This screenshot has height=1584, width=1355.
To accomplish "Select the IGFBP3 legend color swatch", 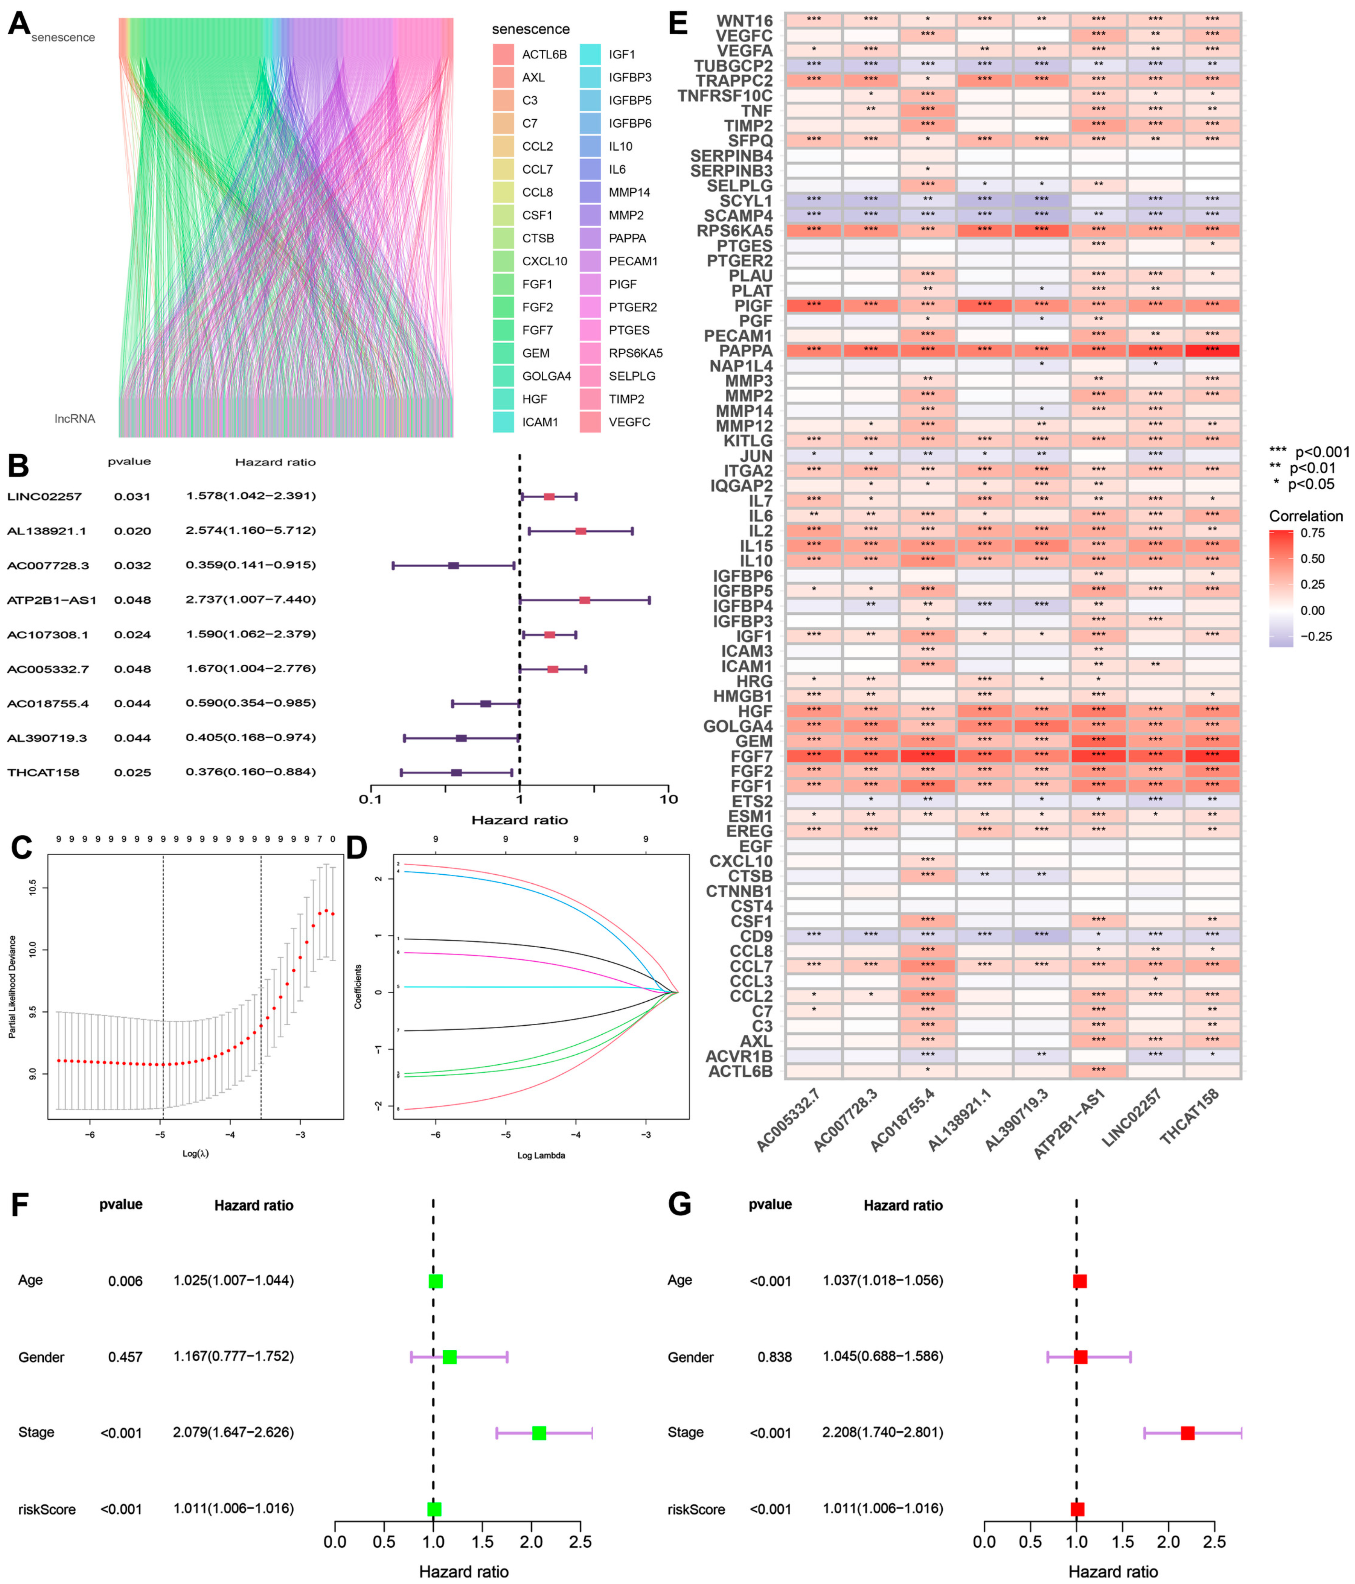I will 589,77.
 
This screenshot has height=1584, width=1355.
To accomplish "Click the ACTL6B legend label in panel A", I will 544,54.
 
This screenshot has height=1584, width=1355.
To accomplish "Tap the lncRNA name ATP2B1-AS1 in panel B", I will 52,600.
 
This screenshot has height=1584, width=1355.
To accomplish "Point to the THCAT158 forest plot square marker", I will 456,773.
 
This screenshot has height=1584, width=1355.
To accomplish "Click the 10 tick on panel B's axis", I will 668,799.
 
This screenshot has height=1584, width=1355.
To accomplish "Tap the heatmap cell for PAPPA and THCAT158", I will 1212,351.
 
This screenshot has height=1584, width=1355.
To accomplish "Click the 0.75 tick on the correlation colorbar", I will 1313,533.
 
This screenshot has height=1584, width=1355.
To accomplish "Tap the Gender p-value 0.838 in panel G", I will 774,1357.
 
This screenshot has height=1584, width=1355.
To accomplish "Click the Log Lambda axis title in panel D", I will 541,1155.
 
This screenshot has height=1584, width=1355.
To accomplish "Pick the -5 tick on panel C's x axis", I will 160,1135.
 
